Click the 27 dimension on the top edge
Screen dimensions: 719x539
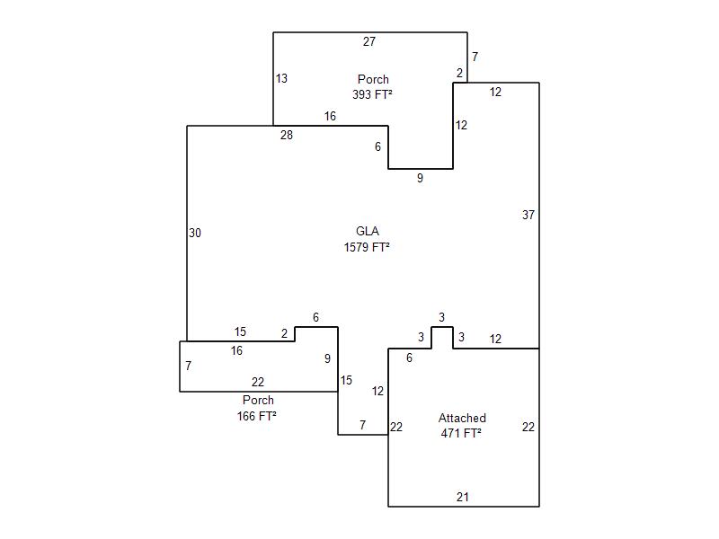pos(369,41)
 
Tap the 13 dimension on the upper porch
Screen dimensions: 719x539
pos(281,78)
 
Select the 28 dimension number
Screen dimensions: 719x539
pos(287,135)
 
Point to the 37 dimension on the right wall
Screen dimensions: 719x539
pos(528,215)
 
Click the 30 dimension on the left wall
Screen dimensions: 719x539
pos(195,233)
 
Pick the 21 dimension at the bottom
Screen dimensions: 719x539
pos(463,497)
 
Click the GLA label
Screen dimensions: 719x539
pos(368,231)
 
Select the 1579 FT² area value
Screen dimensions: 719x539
pos(367,247)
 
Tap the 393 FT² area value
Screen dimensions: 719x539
pos(372,94)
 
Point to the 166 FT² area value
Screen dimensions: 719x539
pos(257,416)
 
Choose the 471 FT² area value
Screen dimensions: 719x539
pos(461,433)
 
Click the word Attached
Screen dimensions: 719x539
pos(462,418)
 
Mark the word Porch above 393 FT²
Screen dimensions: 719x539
pos(373,79)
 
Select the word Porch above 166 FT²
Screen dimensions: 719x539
pos(258,400)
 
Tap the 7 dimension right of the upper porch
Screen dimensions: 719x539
pos(475,57)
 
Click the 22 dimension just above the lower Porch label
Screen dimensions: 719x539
pos(258,382)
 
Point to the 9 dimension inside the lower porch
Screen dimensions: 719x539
pos(327,358)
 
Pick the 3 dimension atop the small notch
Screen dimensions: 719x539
pos(441,317)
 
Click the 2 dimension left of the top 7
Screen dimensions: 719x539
pos(459,73)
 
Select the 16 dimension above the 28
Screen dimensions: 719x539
pos(330,116)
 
